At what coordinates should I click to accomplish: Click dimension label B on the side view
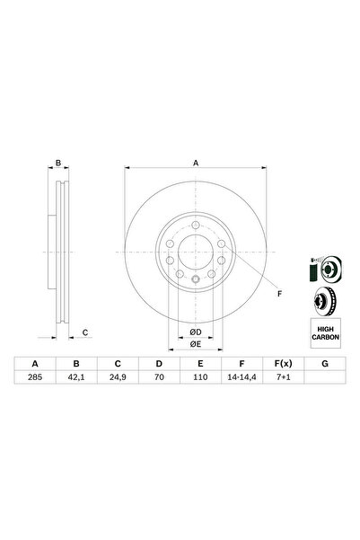point(58,163)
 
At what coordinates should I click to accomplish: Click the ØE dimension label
point(194,343)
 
